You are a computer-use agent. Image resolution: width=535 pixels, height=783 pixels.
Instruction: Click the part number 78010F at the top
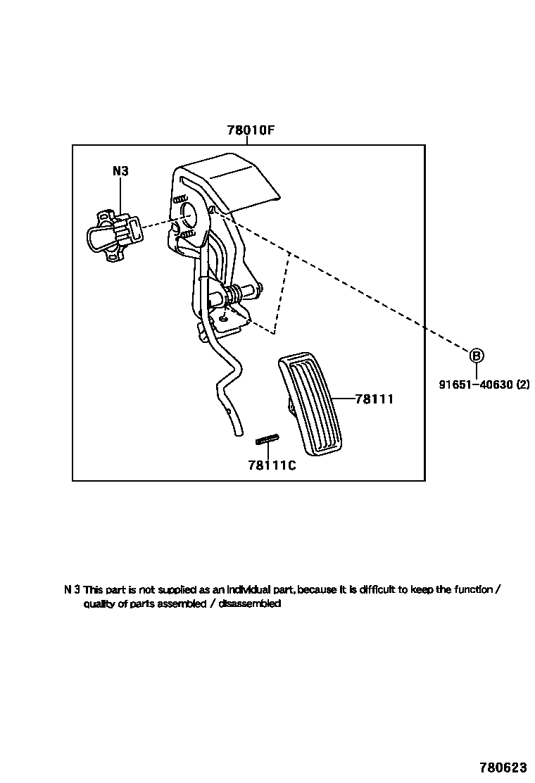pyautogui.click(x=250, y=131)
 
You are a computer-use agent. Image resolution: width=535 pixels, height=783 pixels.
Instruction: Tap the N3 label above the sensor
pyautogui.click(x=120, y=170)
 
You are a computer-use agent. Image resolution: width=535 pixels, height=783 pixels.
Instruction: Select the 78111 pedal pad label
pyautogui.click(x=374, y=399)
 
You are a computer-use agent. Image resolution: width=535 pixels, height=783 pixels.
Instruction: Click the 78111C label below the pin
pyautogui.click(x=272, y=465)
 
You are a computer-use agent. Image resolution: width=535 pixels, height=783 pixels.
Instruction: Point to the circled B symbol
pyautogui.click(x=477, y=356)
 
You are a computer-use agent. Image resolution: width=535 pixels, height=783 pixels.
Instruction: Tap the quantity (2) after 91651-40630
pyautogui.click(x=522, y=384)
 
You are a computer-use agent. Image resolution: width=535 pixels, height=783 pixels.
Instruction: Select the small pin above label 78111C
pyautogui.click(x=267, y=440)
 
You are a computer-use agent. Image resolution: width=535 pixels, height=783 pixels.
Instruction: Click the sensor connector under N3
pyautogui.click(x=115, y=234)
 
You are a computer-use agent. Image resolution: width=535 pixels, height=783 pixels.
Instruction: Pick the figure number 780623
pyautogui.click(x=503, y=767)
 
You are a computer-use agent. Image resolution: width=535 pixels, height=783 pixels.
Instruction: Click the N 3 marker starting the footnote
pyautogui.click(x=72, y=589)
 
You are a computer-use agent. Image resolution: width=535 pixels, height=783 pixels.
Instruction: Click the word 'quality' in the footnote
pyautogui.click(x=99, y=603)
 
